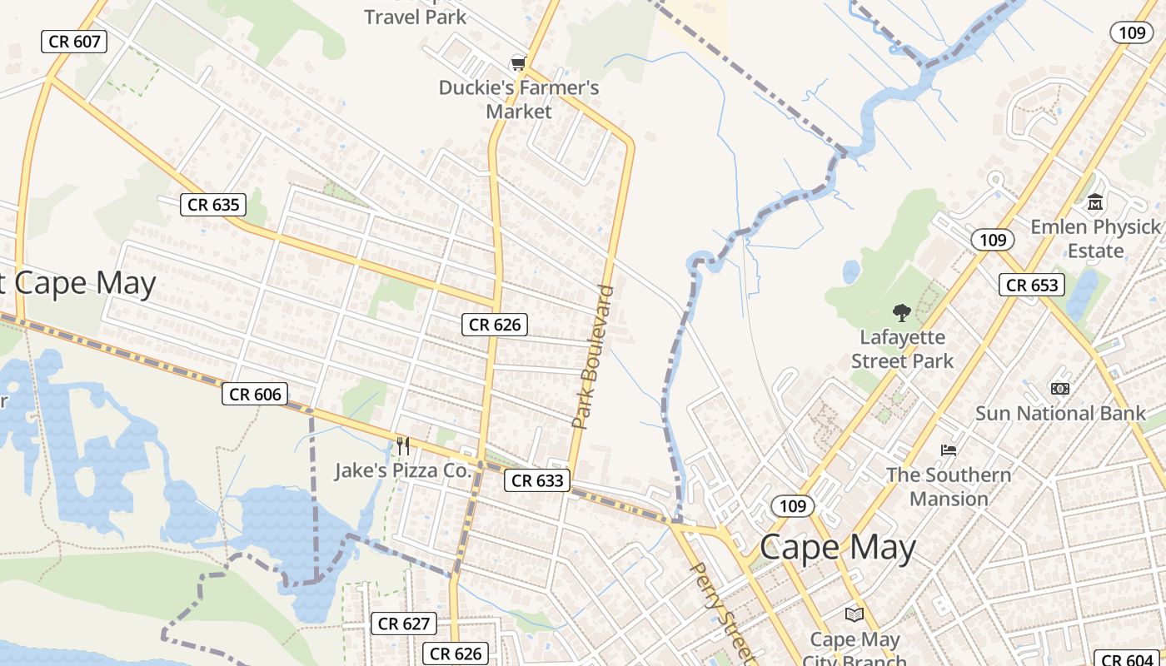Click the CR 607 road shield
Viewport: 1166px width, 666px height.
click(x=74, y=41)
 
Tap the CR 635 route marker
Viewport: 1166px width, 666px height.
click(x=213, y=204)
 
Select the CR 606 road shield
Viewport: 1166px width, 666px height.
click(x=255, y=394)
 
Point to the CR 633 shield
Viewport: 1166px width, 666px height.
click(x=537, y=480)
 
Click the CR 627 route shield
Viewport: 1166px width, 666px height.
click(x=404, y=624)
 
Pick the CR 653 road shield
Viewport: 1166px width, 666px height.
click(x=1032, y=285)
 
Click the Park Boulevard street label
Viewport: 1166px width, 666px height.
click(x=593, y=358)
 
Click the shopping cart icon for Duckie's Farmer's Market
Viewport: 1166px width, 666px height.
click(x=519, y=63)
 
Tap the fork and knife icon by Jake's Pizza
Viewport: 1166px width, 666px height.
click(x=403, y=446)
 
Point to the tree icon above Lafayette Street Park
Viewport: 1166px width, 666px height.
click(x=902, y=313)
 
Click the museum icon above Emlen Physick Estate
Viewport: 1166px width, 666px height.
click(x=1095, y=201)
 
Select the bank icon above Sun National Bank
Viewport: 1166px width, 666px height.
click(x=1060, y=388)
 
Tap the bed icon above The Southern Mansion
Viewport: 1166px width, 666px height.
click(x=949, y=450)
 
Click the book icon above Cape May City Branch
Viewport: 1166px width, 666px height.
click(x=855, y=614)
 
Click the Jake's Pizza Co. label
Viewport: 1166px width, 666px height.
click(x=403, y=470)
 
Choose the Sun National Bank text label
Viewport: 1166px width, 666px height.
click(x=1060, y=413)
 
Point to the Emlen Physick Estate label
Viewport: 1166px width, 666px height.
click(x=1095, y=238)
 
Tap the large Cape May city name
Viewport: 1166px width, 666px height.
click(x=838, y=547)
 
